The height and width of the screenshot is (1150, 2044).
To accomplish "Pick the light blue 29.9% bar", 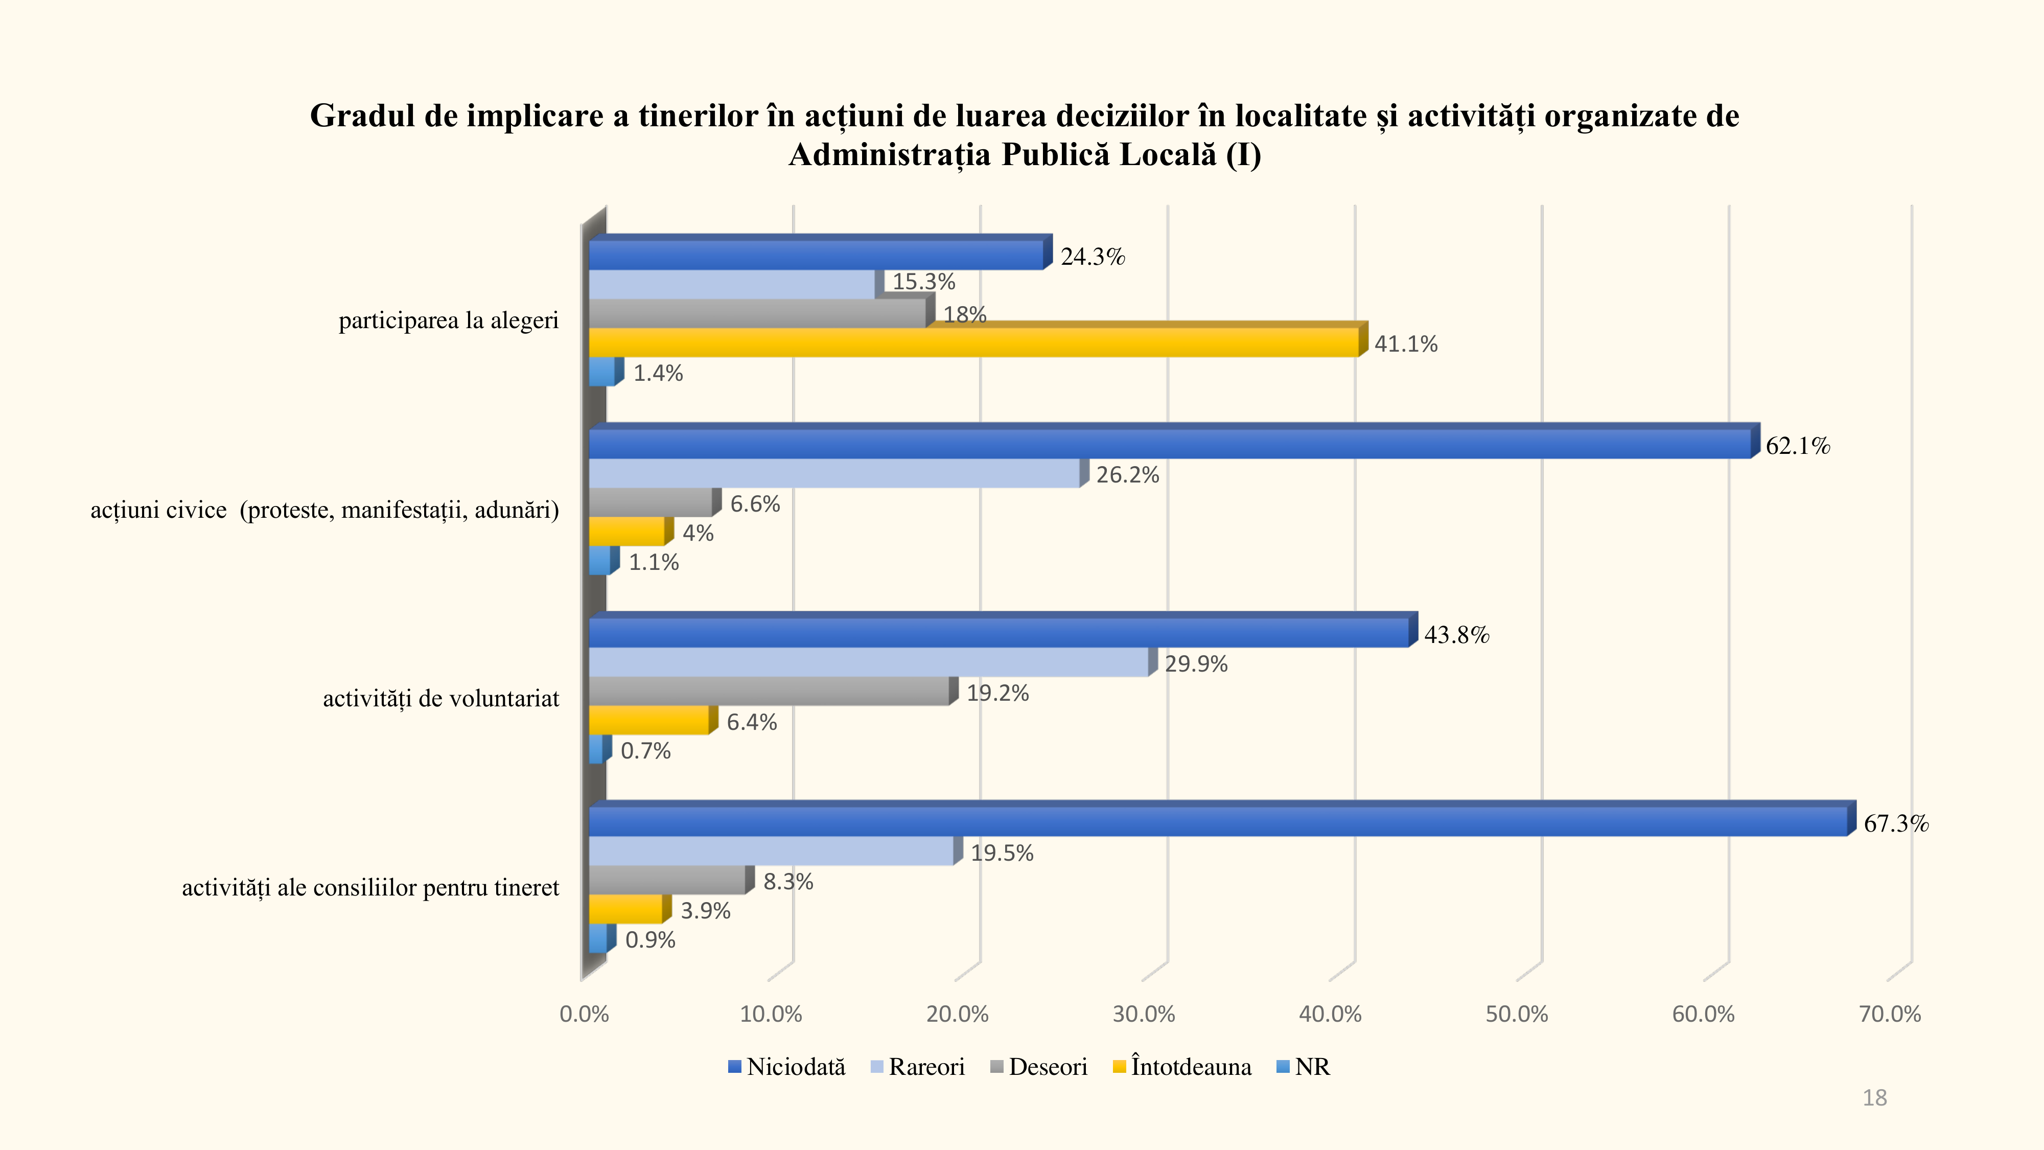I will tap(868, 663).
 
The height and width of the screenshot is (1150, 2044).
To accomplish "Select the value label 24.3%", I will tap(1093, 257).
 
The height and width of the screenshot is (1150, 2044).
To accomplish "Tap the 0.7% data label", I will tap(645, 751).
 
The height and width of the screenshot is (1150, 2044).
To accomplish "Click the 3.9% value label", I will tap(705, 911).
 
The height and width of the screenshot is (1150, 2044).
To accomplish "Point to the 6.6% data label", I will tap(755, 504).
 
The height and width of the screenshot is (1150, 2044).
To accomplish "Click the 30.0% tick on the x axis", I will tap(1144, 1014).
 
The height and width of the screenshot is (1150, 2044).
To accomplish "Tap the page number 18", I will tap(1874, 1098).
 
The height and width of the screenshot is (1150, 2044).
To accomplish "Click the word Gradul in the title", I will tap(362, 116).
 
